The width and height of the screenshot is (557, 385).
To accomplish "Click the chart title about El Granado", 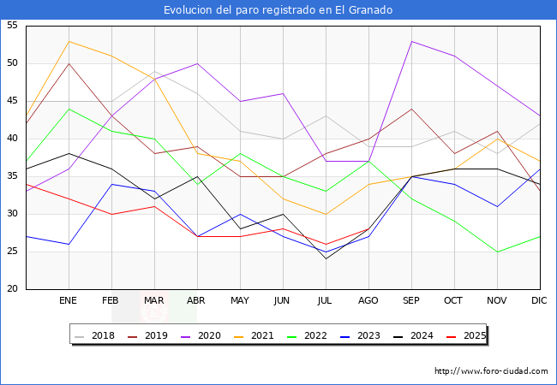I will (278, 10).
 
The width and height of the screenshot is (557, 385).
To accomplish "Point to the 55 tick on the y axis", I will (13, 26).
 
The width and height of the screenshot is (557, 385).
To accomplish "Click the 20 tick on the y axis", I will (13, 289).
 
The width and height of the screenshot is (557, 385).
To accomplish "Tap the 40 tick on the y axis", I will (13, 139).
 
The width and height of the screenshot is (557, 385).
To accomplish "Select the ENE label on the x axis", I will (69, 301).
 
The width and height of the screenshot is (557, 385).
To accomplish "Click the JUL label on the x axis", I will (326, 301).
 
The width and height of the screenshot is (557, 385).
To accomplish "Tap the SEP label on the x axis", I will (411, 301).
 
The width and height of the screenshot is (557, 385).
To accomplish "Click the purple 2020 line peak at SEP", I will (412, 41).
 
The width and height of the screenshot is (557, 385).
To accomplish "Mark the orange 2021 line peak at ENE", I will (69, 41).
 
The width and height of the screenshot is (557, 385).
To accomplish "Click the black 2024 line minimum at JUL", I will (326, 258).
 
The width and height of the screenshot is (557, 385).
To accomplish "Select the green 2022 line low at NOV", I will (497, 252).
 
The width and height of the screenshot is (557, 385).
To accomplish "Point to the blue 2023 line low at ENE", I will (69, 244).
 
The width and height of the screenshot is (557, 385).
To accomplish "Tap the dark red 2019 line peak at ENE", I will (69, 63).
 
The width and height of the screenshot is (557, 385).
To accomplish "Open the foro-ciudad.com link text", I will (491, 371).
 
